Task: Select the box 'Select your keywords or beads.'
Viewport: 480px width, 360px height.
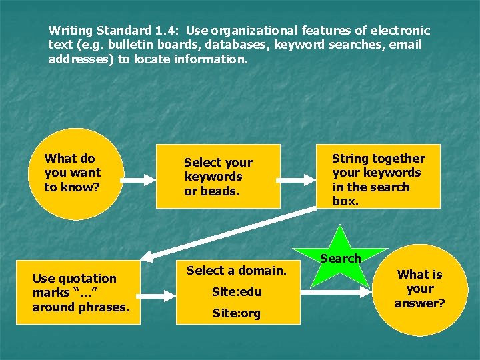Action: pyautogui.click(x=217, y=177)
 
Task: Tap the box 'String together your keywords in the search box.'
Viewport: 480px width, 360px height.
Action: pyautogui.click(x=378, y=177)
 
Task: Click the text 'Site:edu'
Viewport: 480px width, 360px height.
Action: pyautogui.click(x=237, y=292)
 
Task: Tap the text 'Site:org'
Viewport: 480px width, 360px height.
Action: pyautogui.click(x=237, y=313)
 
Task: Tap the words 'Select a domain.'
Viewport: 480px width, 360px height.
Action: pyautogui.click(x=237, y=270)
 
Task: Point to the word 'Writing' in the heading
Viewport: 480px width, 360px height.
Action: pyautogui.click(x=71, y=31)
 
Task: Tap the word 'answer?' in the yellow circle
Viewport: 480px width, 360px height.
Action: pyautogui.click(x=419, y=303)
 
